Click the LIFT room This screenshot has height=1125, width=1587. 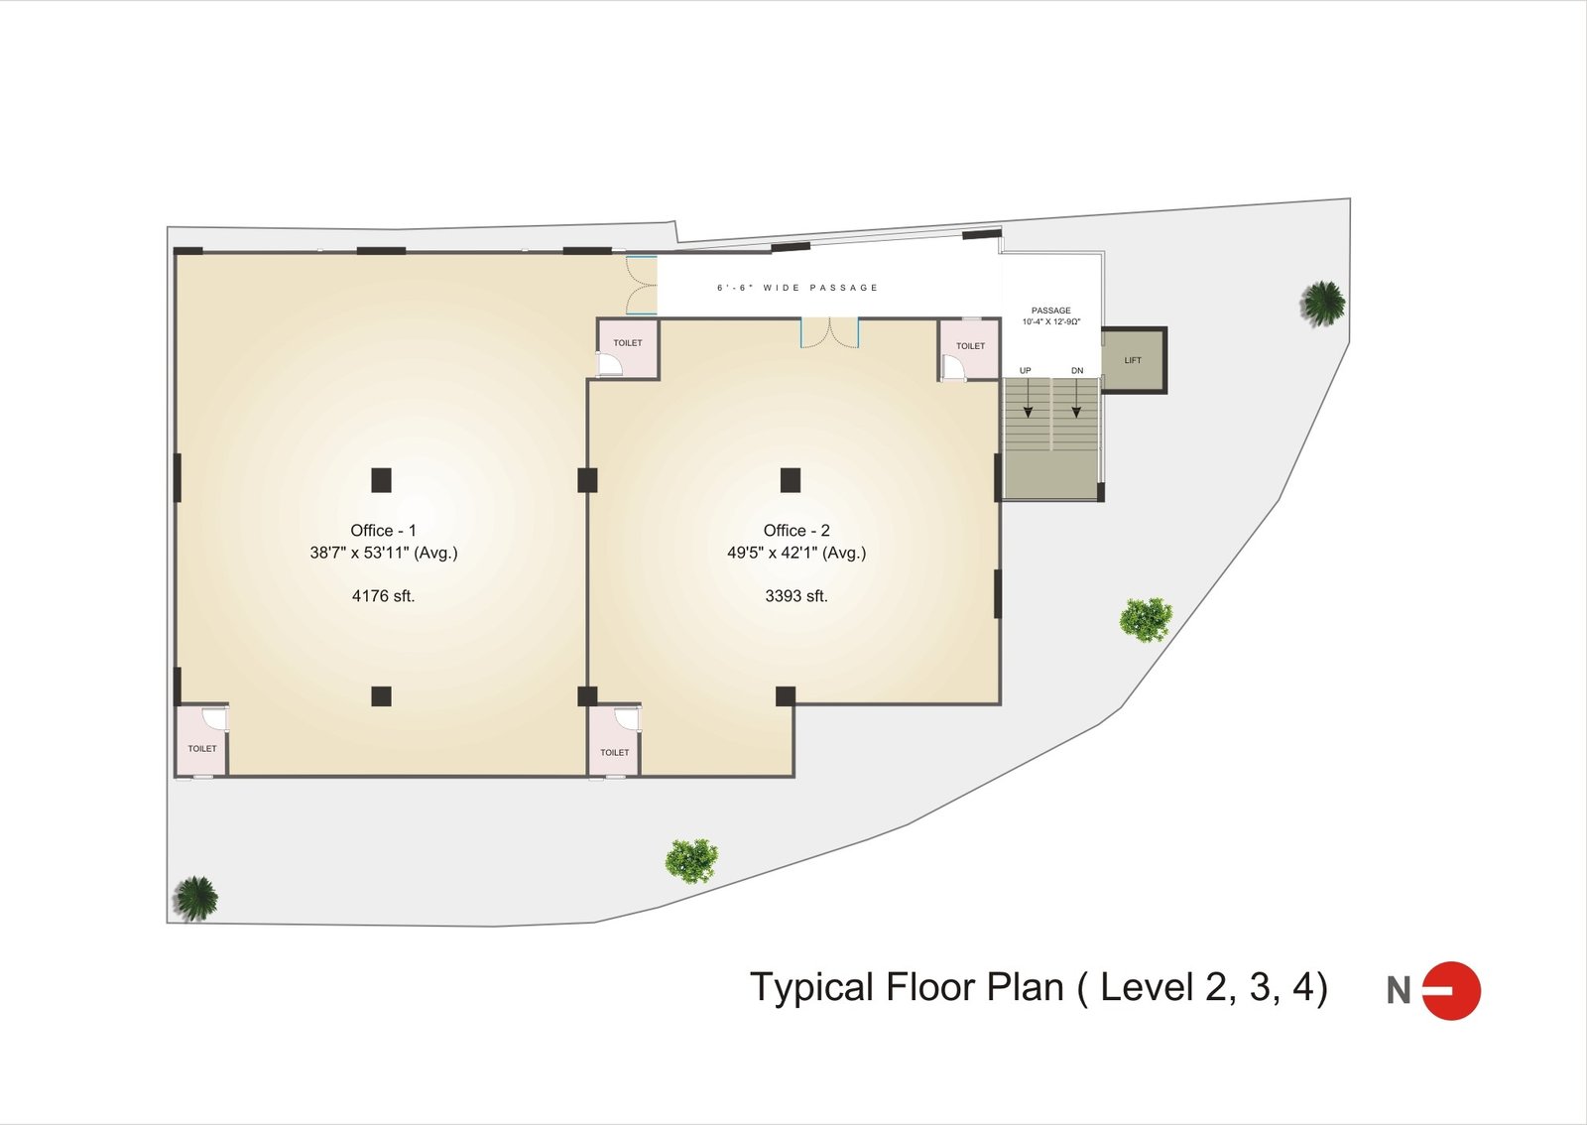(1133, 360)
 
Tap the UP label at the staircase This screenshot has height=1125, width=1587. (1026, 370)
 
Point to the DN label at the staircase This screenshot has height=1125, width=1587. (1077, 370)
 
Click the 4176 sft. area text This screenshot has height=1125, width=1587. (383, 596)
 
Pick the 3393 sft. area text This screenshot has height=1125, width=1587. (796, 596)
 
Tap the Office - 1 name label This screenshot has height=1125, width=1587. (383, 530)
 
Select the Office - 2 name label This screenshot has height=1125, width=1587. (796, 530)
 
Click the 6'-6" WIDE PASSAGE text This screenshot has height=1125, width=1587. (797, 288)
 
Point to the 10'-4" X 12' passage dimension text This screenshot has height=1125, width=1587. (1050, 321)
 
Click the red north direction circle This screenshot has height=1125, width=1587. (1452, 990)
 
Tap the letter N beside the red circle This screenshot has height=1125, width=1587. (1399, 990)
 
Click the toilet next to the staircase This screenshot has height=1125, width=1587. (969, 349)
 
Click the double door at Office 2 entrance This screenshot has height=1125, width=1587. (829, 333)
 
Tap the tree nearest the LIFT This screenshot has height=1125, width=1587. (1323, 304)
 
